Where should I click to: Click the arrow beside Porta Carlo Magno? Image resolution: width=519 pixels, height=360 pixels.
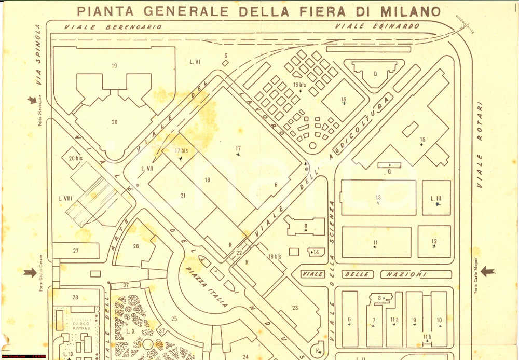(x=487, y=271)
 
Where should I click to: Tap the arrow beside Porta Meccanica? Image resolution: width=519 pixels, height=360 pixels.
(x=33, y=100)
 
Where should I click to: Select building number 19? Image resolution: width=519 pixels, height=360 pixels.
(x=114, y=65)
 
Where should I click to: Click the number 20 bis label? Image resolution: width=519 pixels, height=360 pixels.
(x=76, y=158)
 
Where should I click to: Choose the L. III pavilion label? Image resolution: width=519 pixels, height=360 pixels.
(x=436, y=198)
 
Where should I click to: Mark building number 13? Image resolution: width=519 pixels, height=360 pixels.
(x=378, y=197)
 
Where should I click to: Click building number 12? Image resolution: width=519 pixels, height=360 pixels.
(x=434, y=241)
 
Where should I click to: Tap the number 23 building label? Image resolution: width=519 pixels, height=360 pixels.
(x=295, y=308)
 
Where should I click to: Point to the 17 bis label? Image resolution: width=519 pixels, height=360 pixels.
(x=181, y=151)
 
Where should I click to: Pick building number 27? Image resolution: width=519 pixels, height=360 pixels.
(x=76, y=251)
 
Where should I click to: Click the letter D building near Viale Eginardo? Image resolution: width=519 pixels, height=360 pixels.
(x=375, y=73)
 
